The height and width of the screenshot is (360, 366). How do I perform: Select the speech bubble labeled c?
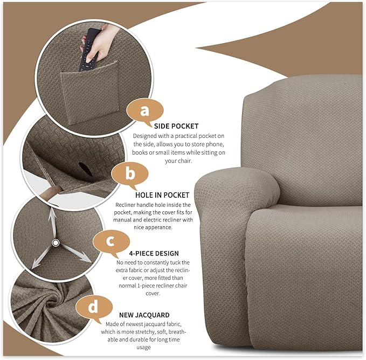click(x=111, y=240)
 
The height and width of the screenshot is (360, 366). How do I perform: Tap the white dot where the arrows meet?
click(x=55, y=244)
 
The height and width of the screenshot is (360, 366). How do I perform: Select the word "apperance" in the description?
click(x=152, y=228)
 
